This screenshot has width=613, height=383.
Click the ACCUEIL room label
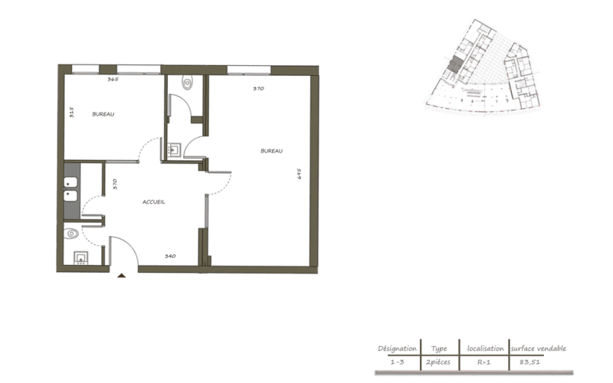(x=154, y=202)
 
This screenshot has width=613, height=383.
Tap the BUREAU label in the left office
(x=103, y=114)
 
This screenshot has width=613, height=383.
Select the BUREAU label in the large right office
(x=272, y=151)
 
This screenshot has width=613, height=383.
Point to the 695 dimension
(x=300, y=174)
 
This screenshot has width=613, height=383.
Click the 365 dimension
(x=113, y=80)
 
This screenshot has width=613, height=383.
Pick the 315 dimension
(x=71, y=113)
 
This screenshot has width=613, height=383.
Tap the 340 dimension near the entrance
(x=170, y=257)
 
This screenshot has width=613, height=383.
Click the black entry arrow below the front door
(x=122, y=276)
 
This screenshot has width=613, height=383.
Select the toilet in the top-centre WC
(x=188, y=83)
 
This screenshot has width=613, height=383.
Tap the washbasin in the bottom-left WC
(x=81, y=258)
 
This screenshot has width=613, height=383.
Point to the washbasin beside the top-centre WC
(x=174, y=149)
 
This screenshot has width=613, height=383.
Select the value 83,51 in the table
(x=529, y=362)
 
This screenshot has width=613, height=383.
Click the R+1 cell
(x=484, y=362)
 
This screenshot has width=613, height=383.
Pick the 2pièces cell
(x=438, y=362)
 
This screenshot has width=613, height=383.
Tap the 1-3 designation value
(x=397, y=362)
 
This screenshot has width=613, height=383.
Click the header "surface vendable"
(x=539, y=349)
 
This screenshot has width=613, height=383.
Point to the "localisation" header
(x=486, y=349)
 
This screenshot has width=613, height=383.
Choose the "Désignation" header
(x=397, y=349)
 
